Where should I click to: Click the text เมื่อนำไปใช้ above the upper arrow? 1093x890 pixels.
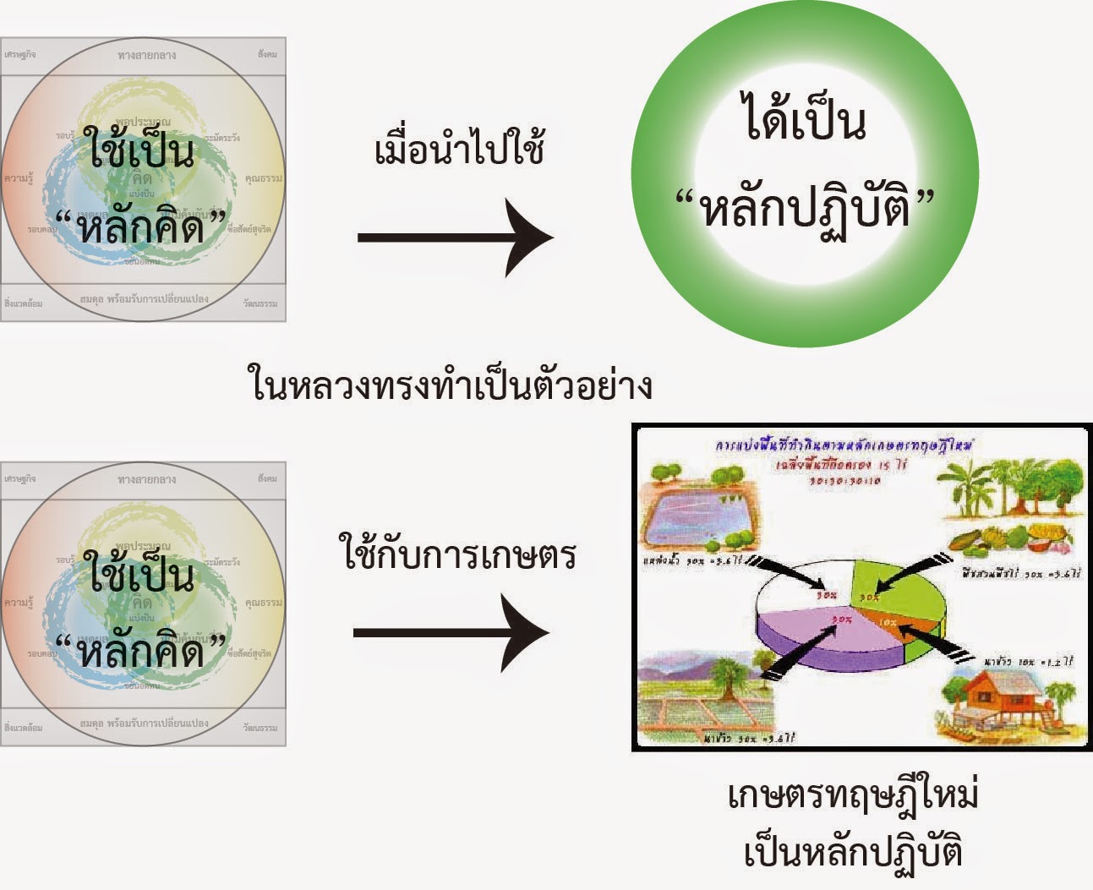coord(459,150)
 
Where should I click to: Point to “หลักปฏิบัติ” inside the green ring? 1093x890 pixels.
coord(805,208)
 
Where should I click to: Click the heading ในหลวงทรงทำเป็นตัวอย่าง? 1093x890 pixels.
coord(451,385)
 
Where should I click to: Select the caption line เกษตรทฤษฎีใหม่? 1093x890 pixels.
coord(853,797)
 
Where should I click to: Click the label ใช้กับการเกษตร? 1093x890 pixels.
coord(459,555)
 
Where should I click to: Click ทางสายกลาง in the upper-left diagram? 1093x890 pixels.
coord(147,55)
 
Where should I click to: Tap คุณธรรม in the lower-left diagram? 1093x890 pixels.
coord(264,603)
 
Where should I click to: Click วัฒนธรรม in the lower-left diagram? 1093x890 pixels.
coord(260,727)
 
